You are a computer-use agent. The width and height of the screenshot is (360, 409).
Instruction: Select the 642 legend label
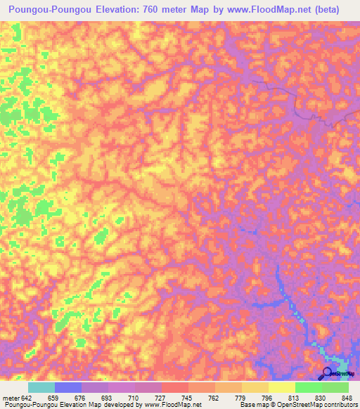(26, 397)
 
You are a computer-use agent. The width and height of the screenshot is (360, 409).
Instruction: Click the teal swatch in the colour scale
(41, 387)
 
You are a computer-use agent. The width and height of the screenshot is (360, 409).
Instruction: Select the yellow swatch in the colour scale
(282, 387)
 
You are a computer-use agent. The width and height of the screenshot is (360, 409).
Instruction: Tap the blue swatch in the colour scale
(68, 387)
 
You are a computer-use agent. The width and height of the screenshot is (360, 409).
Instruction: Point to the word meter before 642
(9, 397)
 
